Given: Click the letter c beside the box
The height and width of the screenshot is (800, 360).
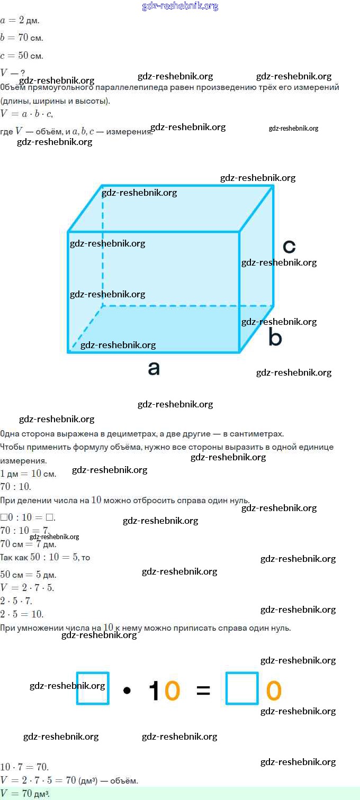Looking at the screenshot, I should pos(289,246).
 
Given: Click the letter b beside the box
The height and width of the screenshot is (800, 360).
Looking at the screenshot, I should pos(275,337).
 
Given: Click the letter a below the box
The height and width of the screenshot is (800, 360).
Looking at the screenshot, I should pos(154,368).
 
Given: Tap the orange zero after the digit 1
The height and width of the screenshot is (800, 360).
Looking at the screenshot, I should pos(172,690).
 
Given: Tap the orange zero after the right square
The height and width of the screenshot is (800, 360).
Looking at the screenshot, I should pos(274,690).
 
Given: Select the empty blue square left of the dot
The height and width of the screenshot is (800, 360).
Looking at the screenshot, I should pos(93,688).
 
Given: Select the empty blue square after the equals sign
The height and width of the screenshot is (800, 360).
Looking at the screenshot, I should pos(242,688).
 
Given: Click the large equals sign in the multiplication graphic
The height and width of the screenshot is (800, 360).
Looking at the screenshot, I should pos(203,690).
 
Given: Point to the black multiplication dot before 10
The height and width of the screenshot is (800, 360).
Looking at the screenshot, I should pos(127,690).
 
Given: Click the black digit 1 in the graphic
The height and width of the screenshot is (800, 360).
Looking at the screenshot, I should pos(155,690).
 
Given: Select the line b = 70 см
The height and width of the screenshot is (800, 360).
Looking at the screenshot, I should pos(22,38).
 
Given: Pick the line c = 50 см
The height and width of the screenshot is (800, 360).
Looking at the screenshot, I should pos(22,56).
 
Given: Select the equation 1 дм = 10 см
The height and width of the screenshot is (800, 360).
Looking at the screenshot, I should pos(28,474).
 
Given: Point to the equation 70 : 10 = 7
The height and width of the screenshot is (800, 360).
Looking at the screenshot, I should pos(24,530).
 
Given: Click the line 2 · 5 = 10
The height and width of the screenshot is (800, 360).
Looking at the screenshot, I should pos(22,614).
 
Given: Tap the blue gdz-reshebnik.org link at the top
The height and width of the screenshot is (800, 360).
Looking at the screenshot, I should pos(180,6).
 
